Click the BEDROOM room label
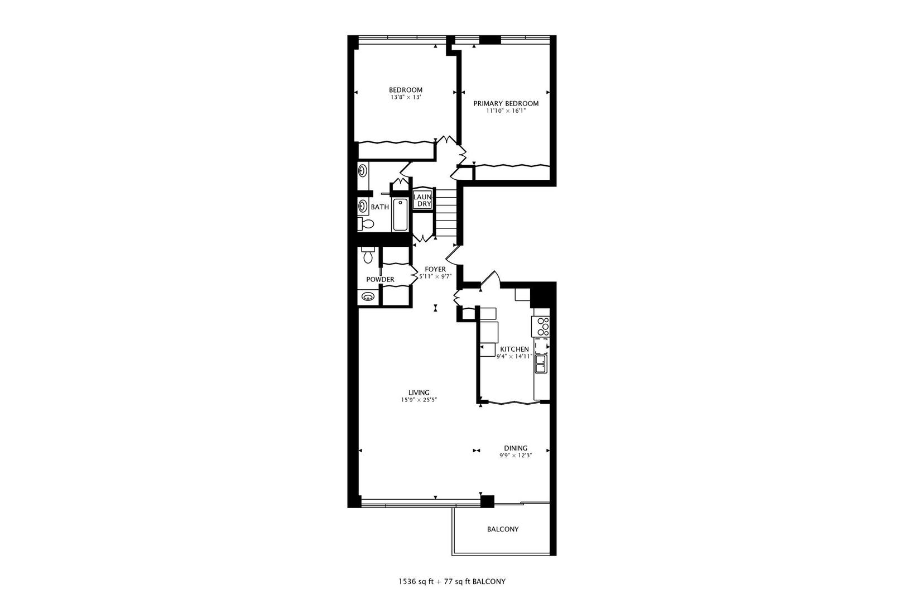tap(405, 90)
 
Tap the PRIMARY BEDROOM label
tap(506, 103)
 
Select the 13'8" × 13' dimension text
tap(405, 97)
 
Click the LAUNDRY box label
tap(423, 200)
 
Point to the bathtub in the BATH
tap(400, 215)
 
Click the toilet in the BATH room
tap(366, 224)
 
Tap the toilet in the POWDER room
tap(367, 256)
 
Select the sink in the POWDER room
tap(368, 296)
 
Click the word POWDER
tap(380, 280)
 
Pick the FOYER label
tap(435, 269)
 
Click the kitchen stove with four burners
tap(541, 326)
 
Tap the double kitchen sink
tap(540, 364)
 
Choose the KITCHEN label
tap(514, 349)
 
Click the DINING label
tap(515, 448)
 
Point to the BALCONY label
tap(502, 529)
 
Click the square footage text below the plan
tap(451, 581)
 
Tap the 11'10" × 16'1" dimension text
tap(506, 111)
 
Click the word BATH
tap(379, 207)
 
